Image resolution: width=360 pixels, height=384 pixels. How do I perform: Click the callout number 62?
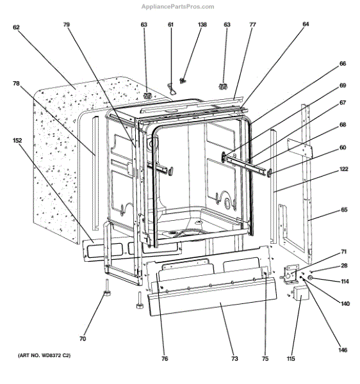click(16, 28)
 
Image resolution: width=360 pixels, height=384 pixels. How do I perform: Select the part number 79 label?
click(66, 24)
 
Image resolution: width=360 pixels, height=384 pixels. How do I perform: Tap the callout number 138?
click(184, 24)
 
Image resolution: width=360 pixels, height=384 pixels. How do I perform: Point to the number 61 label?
click(171, 24)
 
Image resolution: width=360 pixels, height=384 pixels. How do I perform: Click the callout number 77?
click(252, 24)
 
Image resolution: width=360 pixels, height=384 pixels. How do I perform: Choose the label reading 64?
click(306, 24)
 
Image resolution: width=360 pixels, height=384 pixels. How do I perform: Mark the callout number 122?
click(344, 170)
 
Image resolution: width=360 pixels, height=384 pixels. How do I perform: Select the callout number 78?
click(16, 83)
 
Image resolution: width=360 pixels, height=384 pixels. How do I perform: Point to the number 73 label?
click(234, 359)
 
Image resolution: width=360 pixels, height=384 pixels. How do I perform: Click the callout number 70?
click(83, 339)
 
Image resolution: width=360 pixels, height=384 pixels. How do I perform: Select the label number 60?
click(343, 147)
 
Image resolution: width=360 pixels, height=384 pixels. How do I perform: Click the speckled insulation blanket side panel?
click(58, 154)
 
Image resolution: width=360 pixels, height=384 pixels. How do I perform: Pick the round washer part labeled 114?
click(310, 278)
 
